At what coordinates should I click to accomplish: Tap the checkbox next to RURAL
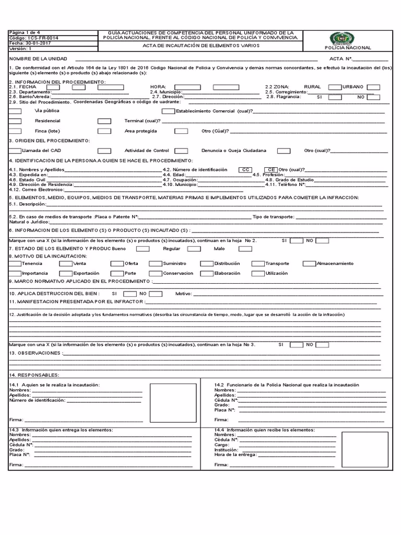334,87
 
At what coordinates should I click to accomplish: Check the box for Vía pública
15,111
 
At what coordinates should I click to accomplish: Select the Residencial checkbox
15,121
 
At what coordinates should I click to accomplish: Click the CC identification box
245,170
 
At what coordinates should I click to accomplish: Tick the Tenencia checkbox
15,264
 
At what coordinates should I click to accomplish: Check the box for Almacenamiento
310,264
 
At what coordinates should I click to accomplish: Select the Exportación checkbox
65,273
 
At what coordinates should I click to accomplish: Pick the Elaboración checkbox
207,273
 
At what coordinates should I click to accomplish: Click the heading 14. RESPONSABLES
34,375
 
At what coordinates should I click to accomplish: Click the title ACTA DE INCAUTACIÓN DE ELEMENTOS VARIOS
201,45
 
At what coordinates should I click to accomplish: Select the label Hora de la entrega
235,455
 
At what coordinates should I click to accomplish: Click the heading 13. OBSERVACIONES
36,353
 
